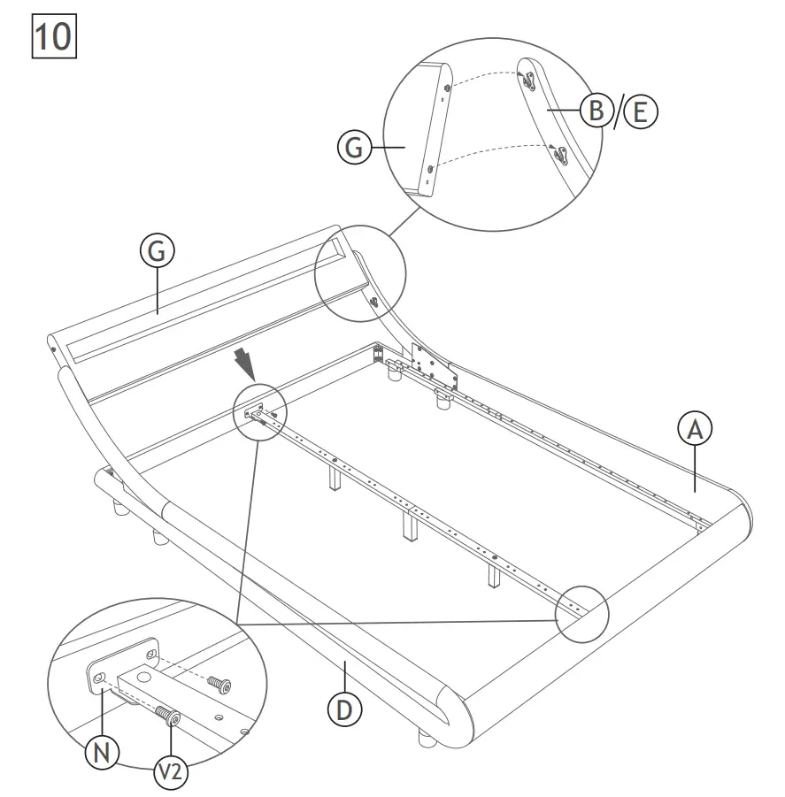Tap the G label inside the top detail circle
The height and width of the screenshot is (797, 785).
click(x=354, y=149)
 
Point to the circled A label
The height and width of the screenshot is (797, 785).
click(x=695, y=429)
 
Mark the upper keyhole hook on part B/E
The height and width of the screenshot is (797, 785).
click(x=528, y=80)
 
